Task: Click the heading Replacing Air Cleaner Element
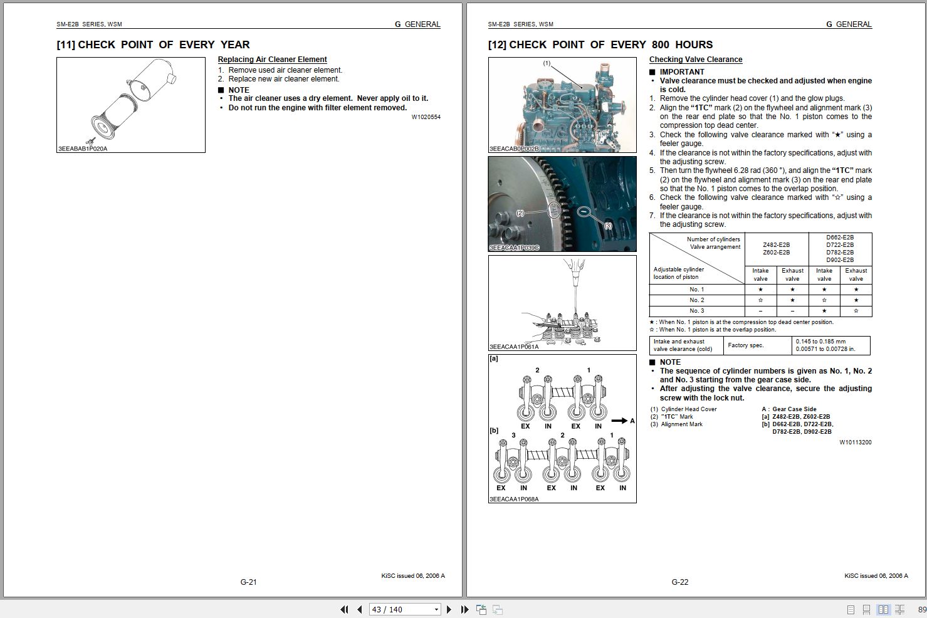tap(272, 60)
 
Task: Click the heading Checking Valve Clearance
tap(695, 60)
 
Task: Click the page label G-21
tap(248, 582)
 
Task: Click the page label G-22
tap(679, 582)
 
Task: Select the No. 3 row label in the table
tap(696, 311)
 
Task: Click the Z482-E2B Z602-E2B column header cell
tap(776, 249)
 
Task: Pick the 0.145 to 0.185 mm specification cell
tap(820, 342)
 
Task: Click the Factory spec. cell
tap(746, 345)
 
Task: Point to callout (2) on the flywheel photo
tap(520, 213)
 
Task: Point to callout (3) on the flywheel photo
tap(607, 226)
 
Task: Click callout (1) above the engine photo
tap(546, 63)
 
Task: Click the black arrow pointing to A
tap(619, 421)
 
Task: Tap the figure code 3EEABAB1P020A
tap(83, 149)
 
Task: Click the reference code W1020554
tap(426, 117)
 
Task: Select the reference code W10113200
tap(855, 443)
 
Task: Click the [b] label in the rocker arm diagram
tap(494, 431)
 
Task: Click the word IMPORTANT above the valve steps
tap(681, 72)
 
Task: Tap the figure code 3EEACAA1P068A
tap(514, 500)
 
